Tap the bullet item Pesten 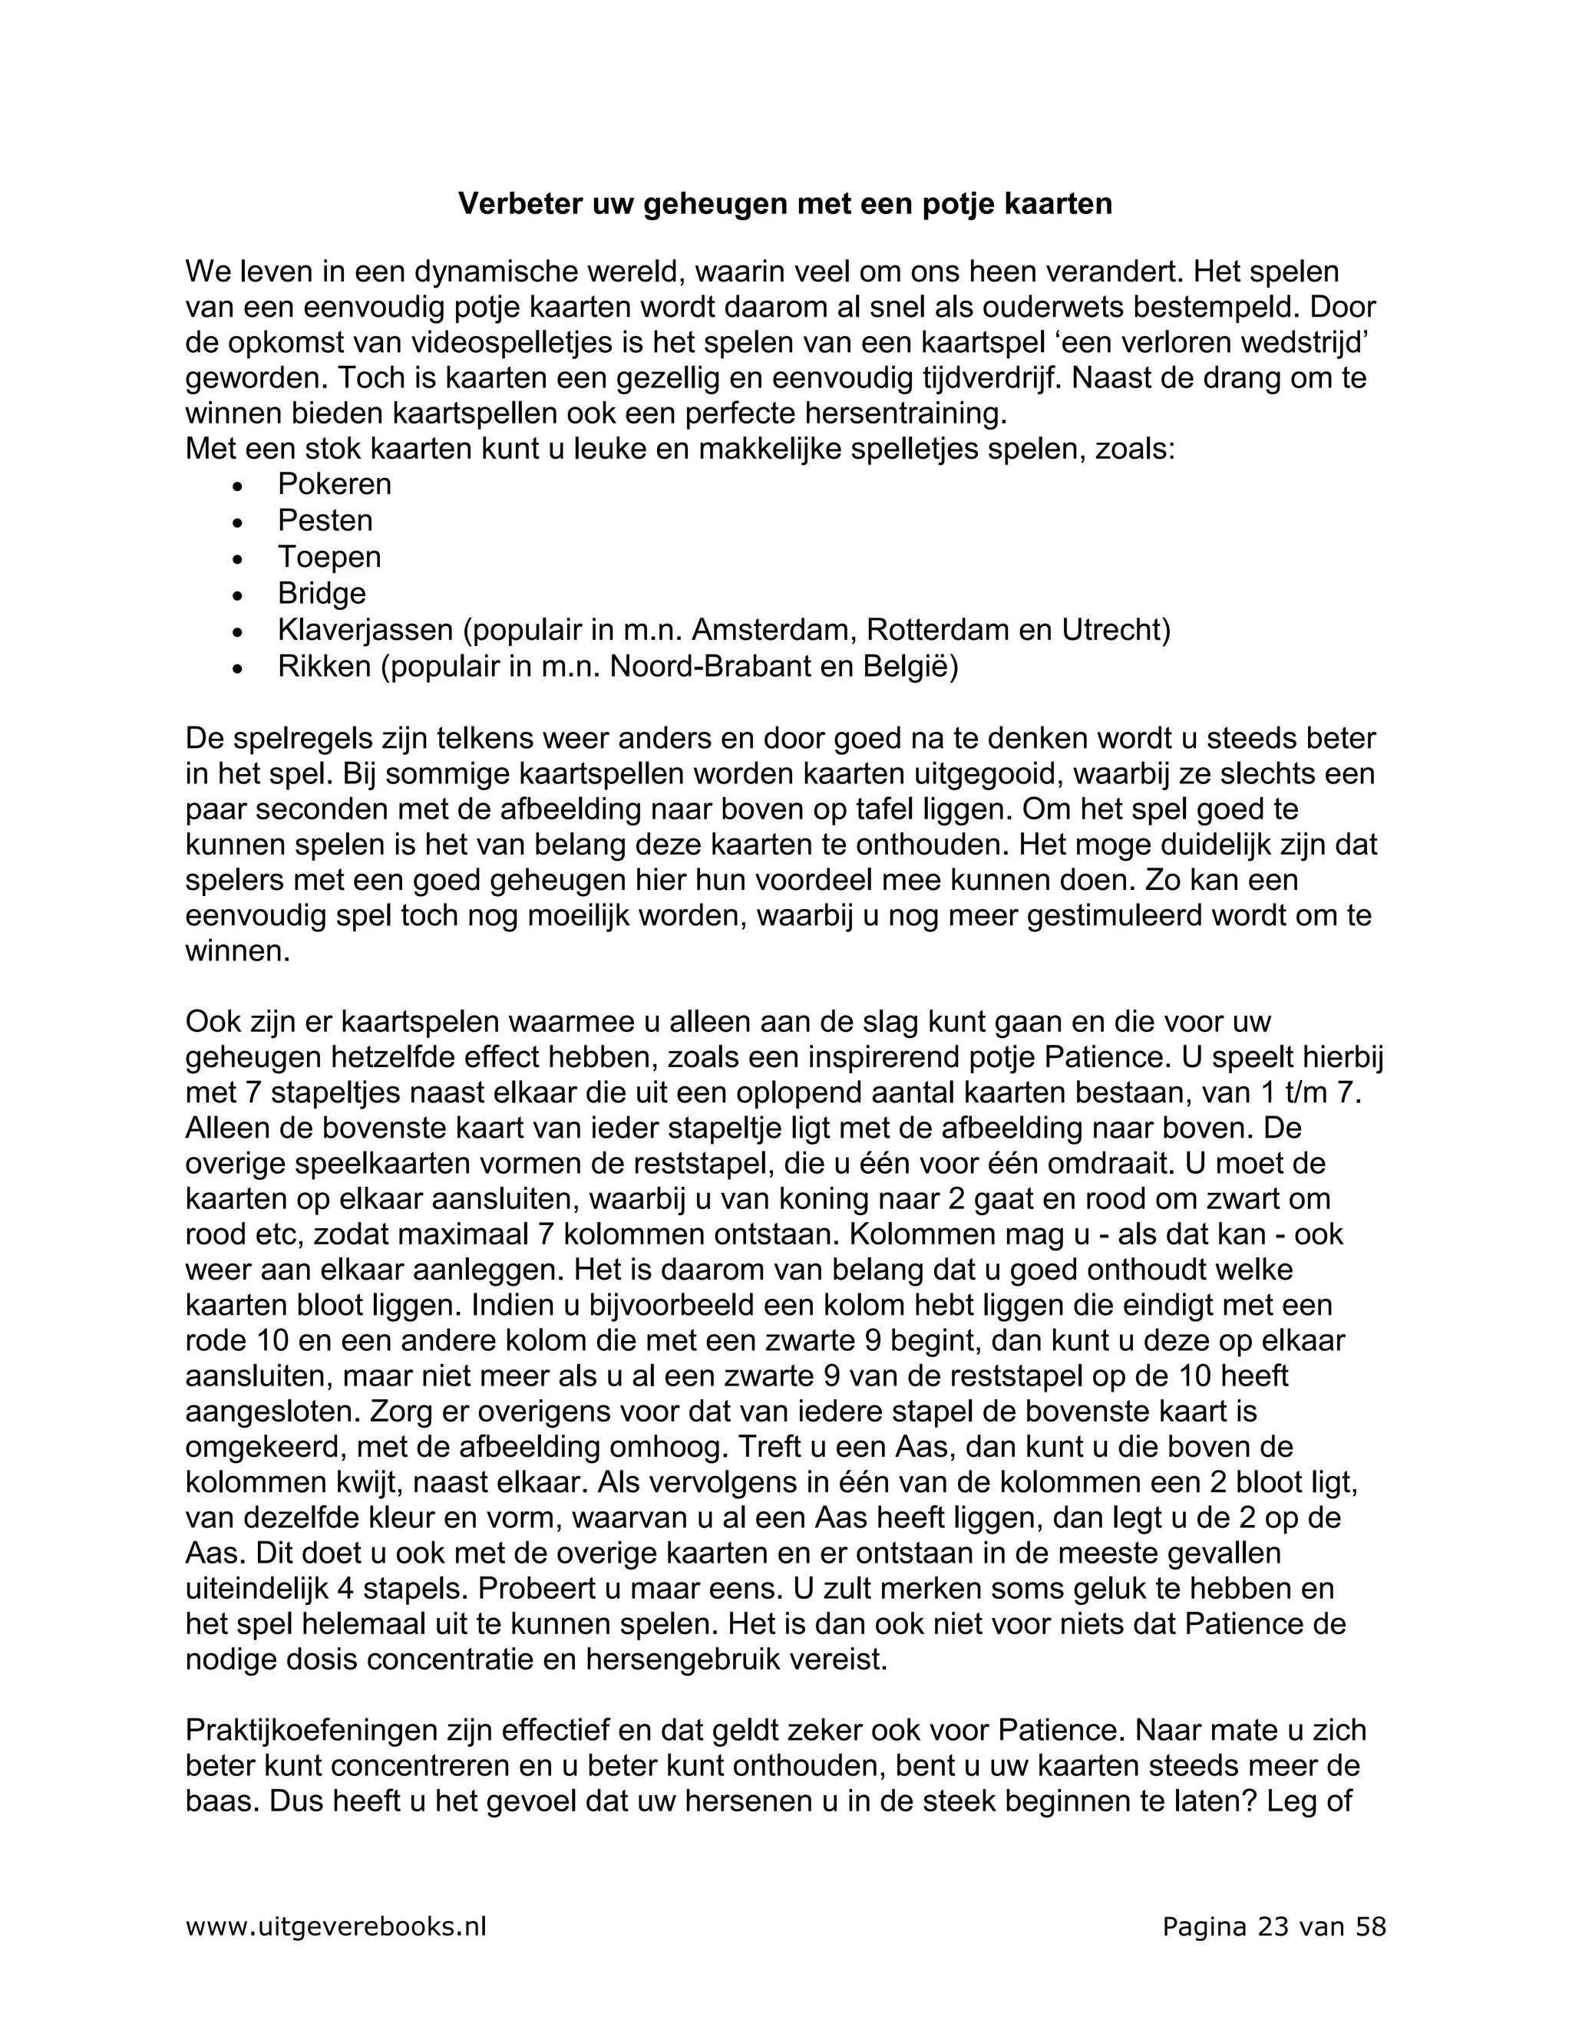click(x=325, y=520)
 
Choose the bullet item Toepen click(x=329, y=557)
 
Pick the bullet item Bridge click(x=322, y=593)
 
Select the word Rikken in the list click(x=324, y=667)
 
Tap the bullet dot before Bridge click(x=239, y=595)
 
